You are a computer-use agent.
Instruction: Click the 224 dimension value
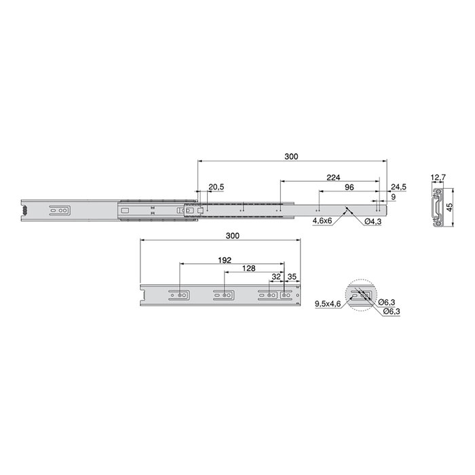[333, 177]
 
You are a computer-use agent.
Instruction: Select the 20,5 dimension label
[216, 187]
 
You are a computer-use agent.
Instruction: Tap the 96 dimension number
[349, 187]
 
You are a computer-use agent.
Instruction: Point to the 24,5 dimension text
[398, 187]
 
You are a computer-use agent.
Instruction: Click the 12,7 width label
[438, 177]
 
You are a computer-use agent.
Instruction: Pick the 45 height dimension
[450, 207]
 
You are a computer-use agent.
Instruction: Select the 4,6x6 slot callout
[322, 222]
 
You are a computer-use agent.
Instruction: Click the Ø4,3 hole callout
[373, 222]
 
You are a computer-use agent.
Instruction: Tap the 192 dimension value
[225, 260]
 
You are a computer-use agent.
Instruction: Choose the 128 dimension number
[249, 268]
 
